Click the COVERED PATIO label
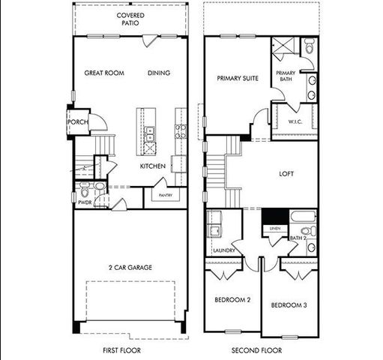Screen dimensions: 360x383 (130, 19)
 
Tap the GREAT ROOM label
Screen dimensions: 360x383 (103, 73)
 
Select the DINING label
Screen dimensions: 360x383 (158, 73)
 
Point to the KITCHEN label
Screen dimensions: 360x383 (152, 166)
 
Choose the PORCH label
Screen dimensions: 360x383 (79, 122)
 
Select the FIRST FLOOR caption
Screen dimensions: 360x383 (121, 349)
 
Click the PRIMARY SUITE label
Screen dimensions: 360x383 (237, 77)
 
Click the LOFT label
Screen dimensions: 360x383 (286, 173)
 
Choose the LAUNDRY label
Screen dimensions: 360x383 (224, 250)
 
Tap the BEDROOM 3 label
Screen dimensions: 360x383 (288, 305)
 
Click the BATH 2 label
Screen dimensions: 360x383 (297, 238)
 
